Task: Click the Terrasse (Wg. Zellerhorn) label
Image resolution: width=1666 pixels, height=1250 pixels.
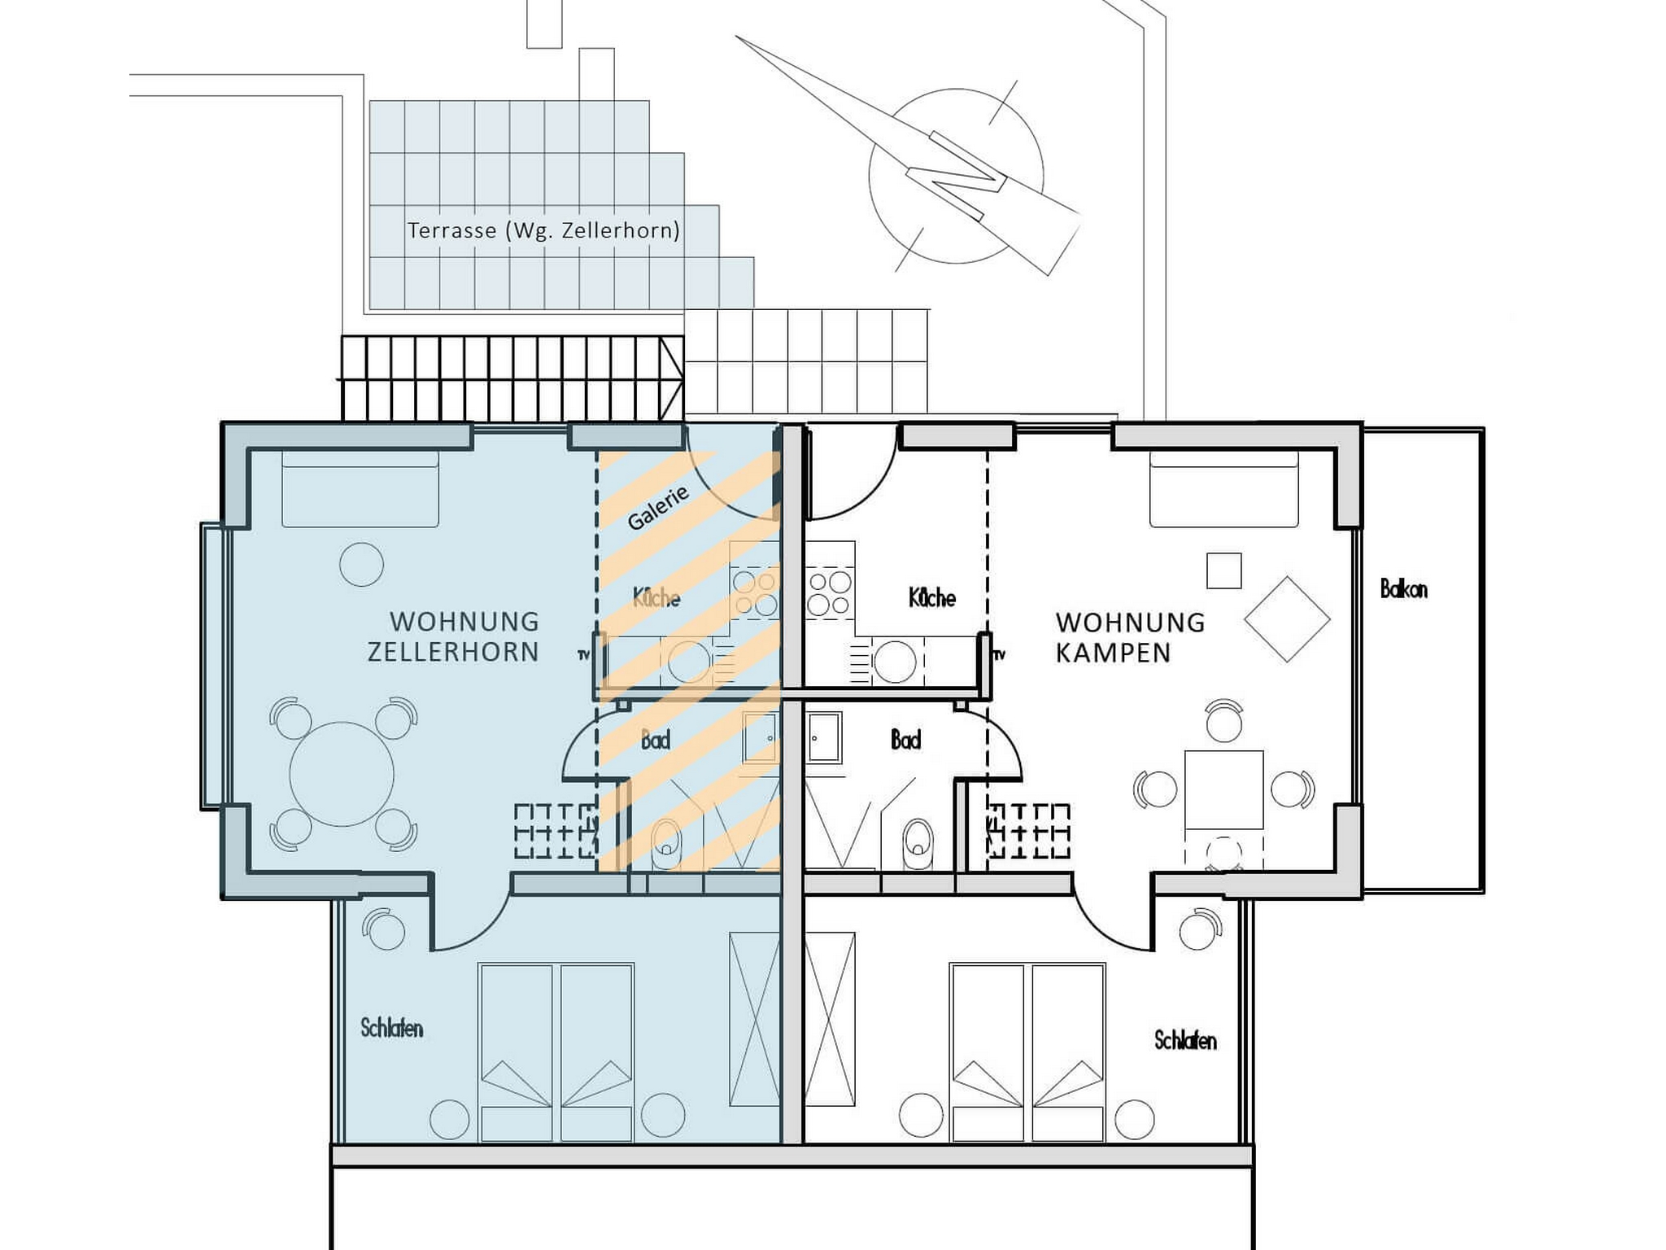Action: point(543,231)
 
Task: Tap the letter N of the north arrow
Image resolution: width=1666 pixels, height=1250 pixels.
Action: point(957,176)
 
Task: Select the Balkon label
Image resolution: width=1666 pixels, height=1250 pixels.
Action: point(1403,589)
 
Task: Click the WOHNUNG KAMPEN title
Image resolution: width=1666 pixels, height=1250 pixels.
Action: point(1130,638)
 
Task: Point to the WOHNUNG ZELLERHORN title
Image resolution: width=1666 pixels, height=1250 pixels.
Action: point(453,637)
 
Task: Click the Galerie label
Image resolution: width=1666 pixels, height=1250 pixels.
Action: point(658,507)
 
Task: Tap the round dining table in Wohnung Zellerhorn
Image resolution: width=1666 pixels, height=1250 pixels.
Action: point(342,774)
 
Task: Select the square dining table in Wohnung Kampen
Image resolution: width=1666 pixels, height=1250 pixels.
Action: point(1224,789)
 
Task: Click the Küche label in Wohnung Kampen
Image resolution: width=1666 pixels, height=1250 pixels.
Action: point(932,598)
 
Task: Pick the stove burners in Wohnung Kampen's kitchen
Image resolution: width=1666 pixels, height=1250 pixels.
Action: point(829,593)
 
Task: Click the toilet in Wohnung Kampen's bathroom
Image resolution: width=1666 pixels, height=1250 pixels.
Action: point(918,844)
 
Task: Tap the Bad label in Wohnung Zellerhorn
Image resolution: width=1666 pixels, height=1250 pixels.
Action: point(656,741)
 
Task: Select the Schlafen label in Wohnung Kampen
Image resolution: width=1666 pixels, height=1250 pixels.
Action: point(1185,1040)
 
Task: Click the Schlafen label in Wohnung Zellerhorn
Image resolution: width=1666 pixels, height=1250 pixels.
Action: point(392,1029)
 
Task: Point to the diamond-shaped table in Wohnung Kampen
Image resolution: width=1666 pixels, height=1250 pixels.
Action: point(1287,619)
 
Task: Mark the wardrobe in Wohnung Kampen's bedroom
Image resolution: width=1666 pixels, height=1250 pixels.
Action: point(829,1019)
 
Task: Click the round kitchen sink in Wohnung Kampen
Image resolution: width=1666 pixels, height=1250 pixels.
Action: point(895,662)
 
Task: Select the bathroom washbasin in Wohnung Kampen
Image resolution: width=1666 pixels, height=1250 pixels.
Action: point(824,737)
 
